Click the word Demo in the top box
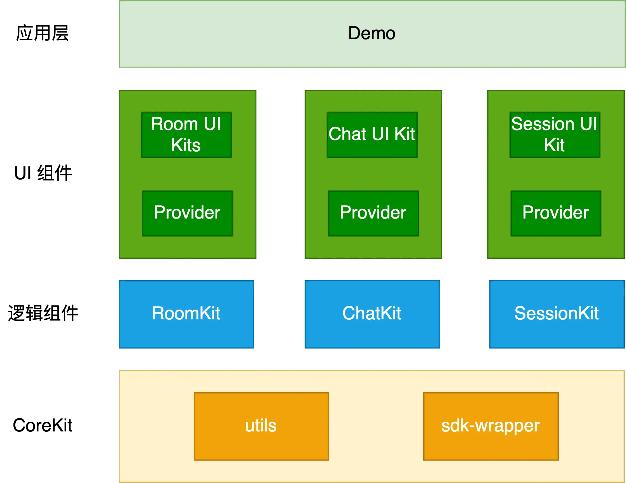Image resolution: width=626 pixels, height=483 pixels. (x=372, y=33)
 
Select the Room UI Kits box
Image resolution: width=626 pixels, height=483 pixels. (x=186, y=135)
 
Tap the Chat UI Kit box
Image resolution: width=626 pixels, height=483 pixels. (x=372, y=135)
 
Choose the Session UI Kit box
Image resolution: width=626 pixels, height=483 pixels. (x=555, y=135)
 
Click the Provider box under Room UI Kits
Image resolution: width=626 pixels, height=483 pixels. (x=188, y=213)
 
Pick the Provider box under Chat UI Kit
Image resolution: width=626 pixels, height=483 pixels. (x=373, y=213)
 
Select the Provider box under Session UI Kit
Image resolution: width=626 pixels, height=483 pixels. (x=556, y=213)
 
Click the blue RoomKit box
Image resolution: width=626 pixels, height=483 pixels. (x=186, y=314)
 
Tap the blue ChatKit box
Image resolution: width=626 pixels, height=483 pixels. (x=372, y=314)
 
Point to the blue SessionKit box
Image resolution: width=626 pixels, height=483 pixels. (x=557, y=314)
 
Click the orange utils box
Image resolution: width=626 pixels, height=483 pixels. (x=261, y=426)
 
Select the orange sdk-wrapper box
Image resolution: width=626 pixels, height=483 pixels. (x=491, y=426)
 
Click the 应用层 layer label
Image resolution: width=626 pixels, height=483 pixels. (x=43, y=33)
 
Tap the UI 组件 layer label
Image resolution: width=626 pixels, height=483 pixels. (x=43, y=173)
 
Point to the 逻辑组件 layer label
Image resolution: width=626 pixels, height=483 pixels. (x=43, y=313)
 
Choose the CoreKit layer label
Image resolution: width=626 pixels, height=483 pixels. (x=43, y=425)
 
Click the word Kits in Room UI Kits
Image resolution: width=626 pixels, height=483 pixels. (x=186, y=145)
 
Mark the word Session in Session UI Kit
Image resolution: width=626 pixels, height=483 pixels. (x=543, y=124)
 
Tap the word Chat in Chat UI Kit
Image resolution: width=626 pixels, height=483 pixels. (x=347, y=134)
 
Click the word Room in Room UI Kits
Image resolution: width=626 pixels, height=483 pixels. (x=174, y=124)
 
